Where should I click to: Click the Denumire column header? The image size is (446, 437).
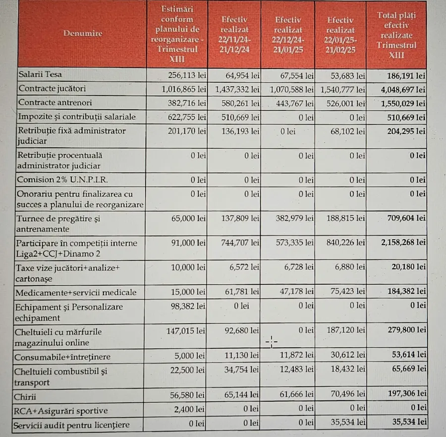pyautogui.click(x=82, y=34)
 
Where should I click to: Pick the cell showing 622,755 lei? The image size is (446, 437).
pyautogui.click(x=183, y=117)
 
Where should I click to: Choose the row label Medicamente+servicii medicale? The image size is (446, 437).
pyautogui.click(x=76, y=292)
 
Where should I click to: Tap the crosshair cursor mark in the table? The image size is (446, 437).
pyautogui.click(x=272, y=341)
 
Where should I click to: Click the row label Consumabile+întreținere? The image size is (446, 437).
pyautogui.click(x=64, y=357)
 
